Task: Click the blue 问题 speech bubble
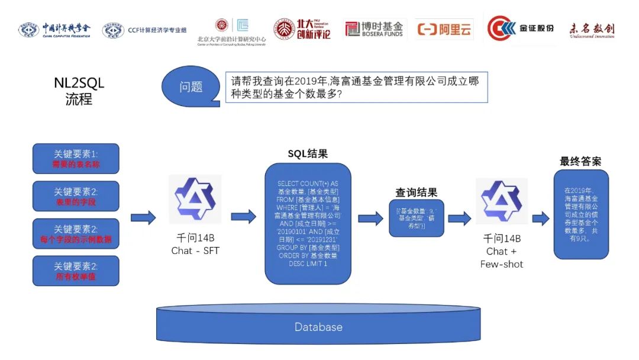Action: click(191, 87)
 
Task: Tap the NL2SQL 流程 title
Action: click(79, 91)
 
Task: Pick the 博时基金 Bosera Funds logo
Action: click(374, 28)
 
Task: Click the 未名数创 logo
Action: click(592, 28)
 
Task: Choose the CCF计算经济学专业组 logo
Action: click(144, 30)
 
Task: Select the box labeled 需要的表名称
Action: click(76, 159)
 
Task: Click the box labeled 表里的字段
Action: click(76, 197)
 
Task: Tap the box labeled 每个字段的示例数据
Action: click(76, 234)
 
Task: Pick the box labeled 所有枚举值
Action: click(76, 271)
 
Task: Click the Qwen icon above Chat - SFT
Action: click(195, 199)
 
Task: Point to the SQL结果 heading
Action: click(308, 154)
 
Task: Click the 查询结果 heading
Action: click(417, 192)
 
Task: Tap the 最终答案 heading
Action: click(580, 161)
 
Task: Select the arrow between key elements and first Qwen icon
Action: click(143, 217)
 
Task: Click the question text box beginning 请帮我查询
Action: click(356, 88)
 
